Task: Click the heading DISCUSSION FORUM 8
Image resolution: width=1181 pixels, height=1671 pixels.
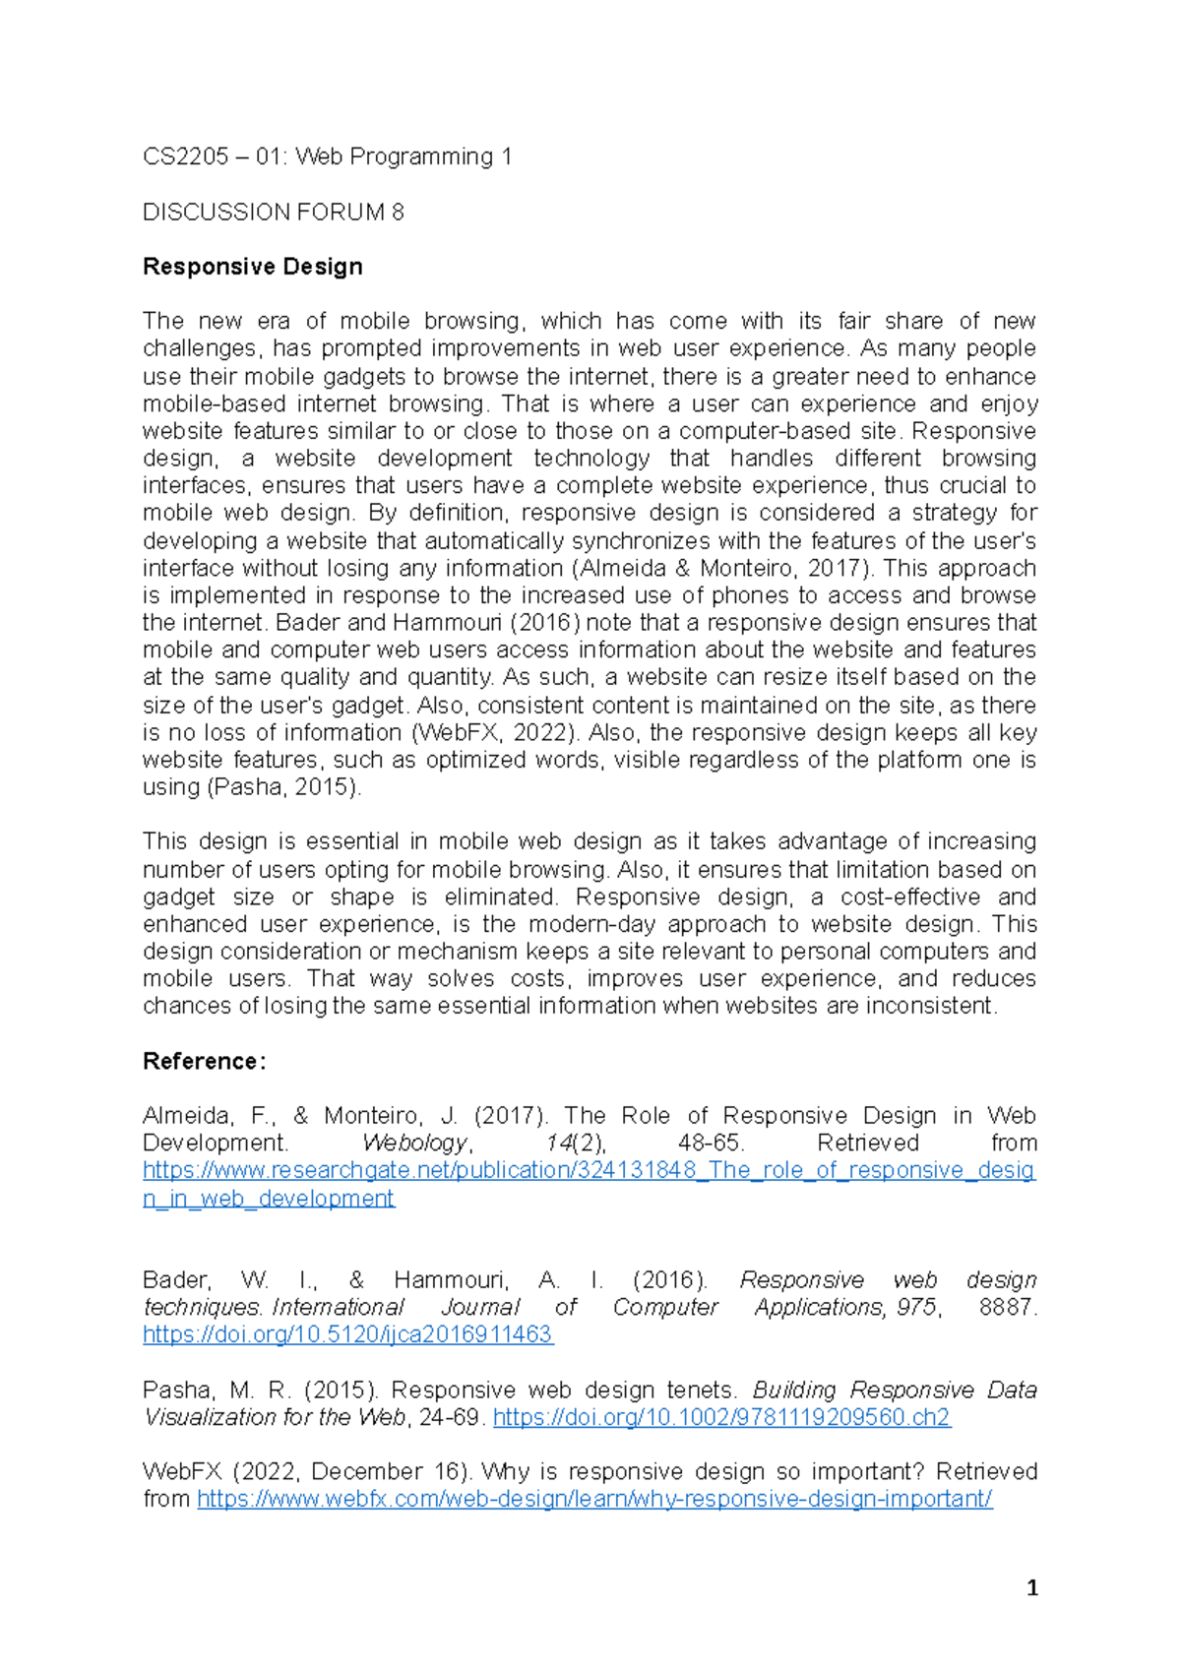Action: click(x=273, y=212)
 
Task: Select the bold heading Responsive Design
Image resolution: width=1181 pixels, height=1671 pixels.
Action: click(x=252, y=267)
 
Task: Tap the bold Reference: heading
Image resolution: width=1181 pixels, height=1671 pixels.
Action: click(x=204, y=1061)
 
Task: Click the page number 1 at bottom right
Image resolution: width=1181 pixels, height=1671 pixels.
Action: click(x=1031, y=1587)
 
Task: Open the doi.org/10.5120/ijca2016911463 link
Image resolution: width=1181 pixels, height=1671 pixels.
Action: click(x=347, y=1334)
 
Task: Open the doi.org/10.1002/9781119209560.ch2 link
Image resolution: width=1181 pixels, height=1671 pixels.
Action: click(x=720, y=1417)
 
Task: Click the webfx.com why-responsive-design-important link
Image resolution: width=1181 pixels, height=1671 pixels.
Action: click(x=594, y=1499)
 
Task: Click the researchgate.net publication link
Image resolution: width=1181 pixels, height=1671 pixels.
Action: click(x=589, y=1170)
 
